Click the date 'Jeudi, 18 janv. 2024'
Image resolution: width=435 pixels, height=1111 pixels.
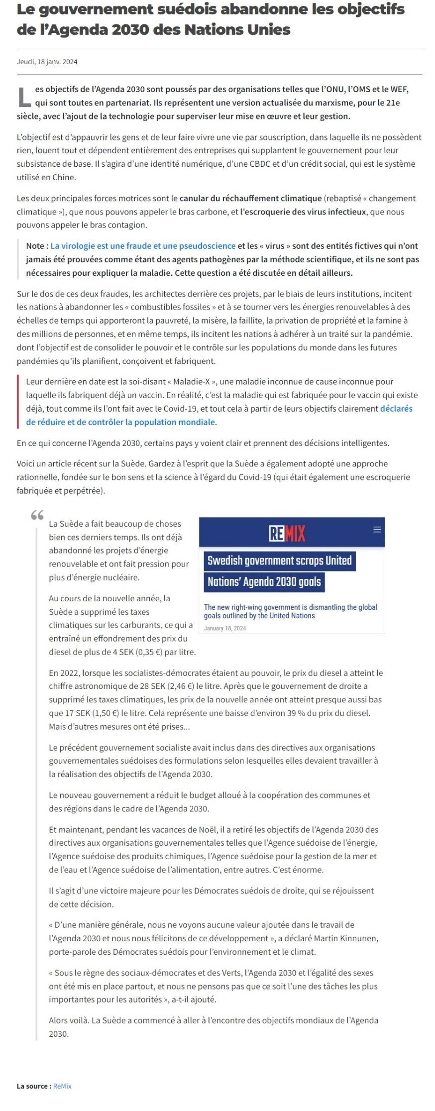point(47,62)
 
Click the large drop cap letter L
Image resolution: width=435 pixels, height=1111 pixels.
point(24,97)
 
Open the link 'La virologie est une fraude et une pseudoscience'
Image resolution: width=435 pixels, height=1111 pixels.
point(143,246)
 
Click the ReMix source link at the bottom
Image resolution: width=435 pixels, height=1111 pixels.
point(62,1086)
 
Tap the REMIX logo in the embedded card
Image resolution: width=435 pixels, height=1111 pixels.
point(287,534)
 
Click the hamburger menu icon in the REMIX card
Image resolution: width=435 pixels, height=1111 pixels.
point(377,529)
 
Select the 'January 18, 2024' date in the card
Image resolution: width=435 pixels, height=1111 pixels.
point(225,628)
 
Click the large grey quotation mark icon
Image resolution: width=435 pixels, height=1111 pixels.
point(37,516)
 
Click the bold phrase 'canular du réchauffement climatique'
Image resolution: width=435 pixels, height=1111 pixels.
point(250,198)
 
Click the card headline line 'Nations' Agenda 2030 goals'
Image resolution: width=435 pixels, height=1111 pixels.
point(264,581)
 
